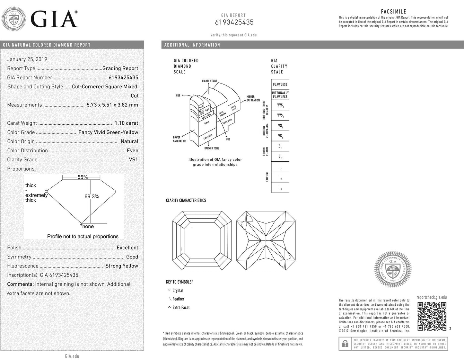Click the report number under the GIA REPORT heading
[234, 22]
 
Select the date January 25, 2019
[27, 59]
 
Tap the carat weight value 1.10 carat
[126, 123]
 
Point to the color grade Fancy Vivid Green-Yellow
[108, 132]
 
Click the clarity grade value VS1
[133, 159]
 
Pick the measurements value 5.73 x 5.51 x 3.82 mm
[112, 105]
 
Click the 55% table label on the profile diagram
[83, 177]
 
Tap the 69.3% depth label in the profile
[92, 196]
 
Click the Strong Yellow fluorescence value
[122, 266]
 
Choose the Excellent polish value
[127, 248]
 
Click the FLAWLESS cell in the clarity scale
[280, 85]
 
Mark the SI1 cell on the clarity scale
[280, 146]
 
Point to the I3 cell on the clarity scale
[280, 187]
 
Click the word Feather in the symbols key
[178, 299]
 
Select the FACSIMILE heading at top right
[393, 12]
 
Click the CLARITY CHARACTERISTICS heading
[186, 200]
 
